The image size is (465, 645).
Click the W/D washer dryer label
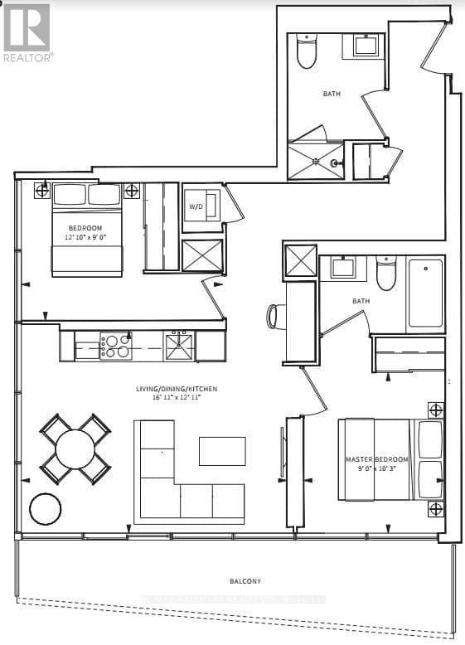click(x=196, y=206)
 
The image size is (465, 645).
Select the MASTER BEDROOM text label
click(x=377, y=459)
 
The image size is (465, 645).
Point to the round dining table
click(x=75, y=449)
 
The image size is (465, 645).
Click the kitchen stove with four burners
click(x=115, y=345)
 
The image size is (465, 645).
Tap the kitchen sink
click(x=178, y=345)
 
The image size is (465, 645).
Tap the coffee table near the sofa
click(x=222, y=450)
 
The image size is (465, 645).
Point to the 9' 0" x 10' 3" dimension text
click(x=377, y=471)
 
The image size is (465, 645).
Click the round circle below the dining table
click(x=46, y=508)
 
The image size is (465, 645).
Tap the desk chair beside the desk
click(x=274, y=316)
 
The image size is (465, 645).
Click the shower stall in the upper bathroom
click(x=314, y=161)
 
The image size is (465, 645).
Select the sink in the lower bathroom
click(x=343, y=267)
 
